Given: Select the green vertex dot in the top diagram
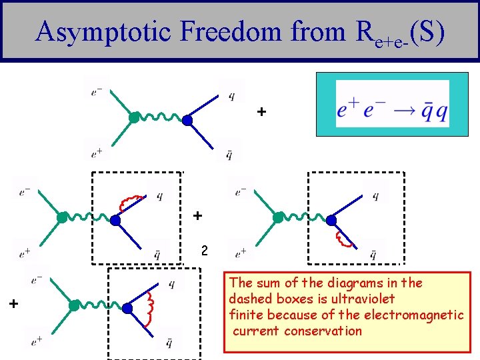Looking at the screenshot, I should pos(134,119).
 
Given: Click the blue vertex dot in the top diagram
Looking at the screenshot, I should pos(187,121).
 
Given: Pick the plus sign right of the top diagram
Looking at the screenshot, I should pos(262,112).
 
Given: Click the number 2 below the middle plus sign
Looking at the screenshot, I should pos(205,251).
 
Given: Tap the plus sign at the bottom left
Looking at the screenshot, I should pos(13,304).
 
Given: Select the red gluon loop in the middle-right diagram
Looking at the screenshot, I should pos(343,238).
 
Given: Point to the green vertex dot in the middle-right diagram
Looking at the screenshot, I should pos(278,217).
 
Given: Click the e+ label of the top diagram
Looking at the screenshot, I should pos(97,153).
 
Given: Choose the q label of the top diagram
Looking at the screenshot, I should pos(231,95).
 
